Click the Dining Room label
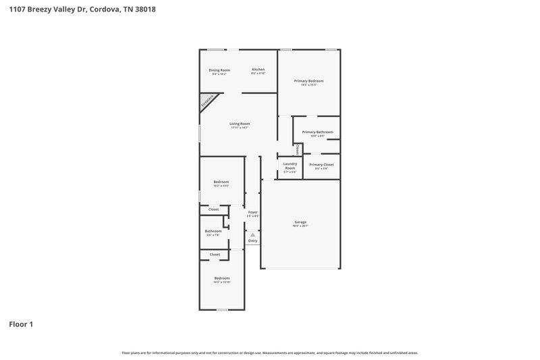pyautogui.click(x=219, y=70)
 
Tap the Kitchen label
pyautogui.click(x=258, y=70)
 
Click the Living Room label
pyautogui.click(x=240, y=124)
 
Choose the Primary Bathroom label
pyautogui.click(x=317, y=132)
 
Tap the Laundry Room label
pyautogui.click(x=290, y=165)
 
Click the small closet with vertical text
pyautogui.click(x=297, y=149)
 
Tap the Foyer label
pyautogui.click(x=253, y=212)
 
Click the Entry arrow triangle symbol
pyautogui.click(x=252, y=234)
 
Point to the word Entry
pyautogui.click(x=252, y=240)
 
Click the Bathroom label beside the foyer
pyautogui.click(x=213, y=231)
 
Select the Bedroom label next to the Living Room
pyautogui.click(x=221, y=182)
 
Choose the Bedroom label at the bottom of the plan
pyautogui.click(x=222, y=278)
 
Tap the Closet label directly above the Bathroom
pyautogui.click(x=213, y=209)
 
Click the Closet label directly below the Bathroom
pyautogui.click(x=215, y=254)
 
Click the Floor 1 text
pyautogui.click(x=21, y=325)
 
